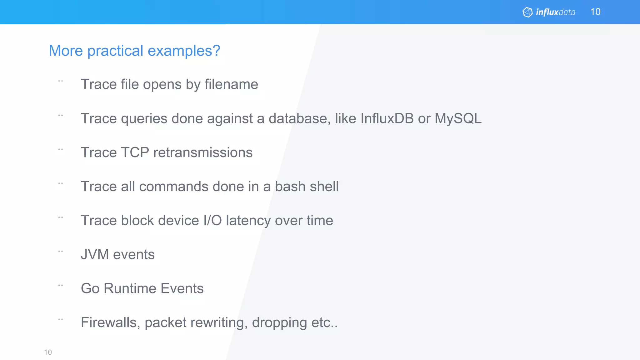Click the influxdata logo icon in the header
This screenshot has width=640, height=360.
coord(527,12)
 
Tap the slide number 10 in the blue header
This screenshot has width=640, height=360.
coord(595,12)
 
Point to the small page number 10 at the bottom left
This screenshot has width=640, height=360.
coord(48,352)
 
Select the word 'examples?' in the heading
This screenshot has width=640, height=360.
coord(184,51)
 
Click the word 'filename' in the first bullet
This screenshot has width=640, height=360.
coord(231,84)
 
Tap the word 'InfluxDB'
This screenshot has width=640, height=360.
coord(387,118)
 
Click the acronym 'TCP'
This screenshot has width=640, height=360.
coord(135,152)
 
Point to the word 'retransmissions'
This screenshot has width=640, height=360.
coord(203,152)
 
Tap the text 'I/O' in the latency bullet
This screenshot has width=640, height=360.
coord(212,221)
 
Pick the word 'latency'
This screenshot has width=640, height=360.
coord(248,221)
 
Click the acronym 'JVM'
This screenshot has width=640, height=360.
coord(95,254)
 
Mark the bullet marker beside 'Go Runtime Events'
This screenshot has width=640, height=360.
coord(61,285)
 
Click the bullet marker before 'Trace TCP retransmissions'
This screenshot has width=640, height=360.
coord(61,149)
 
